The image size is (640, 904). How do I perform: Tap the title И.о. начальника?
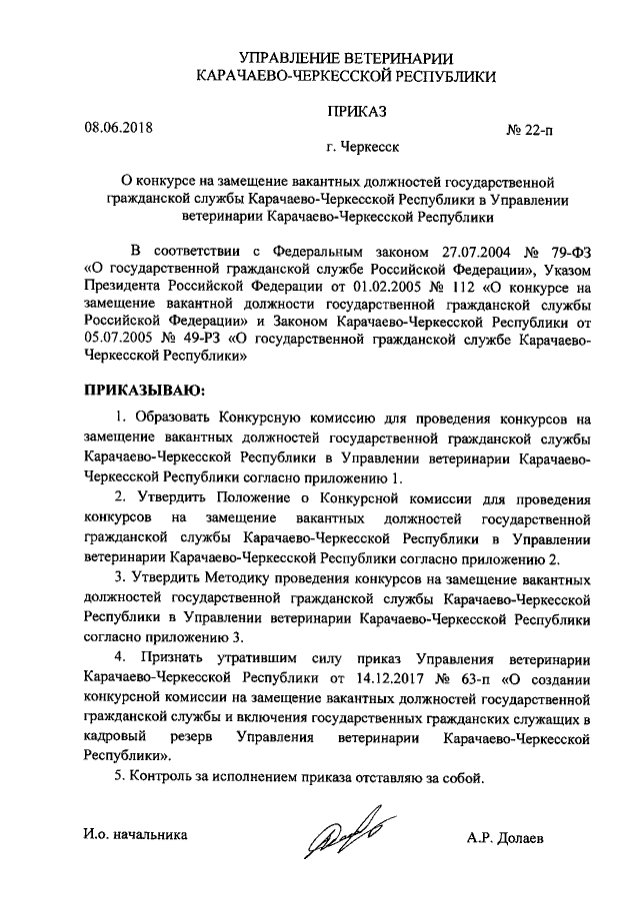pyautogui.click(x=135, y=833)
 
